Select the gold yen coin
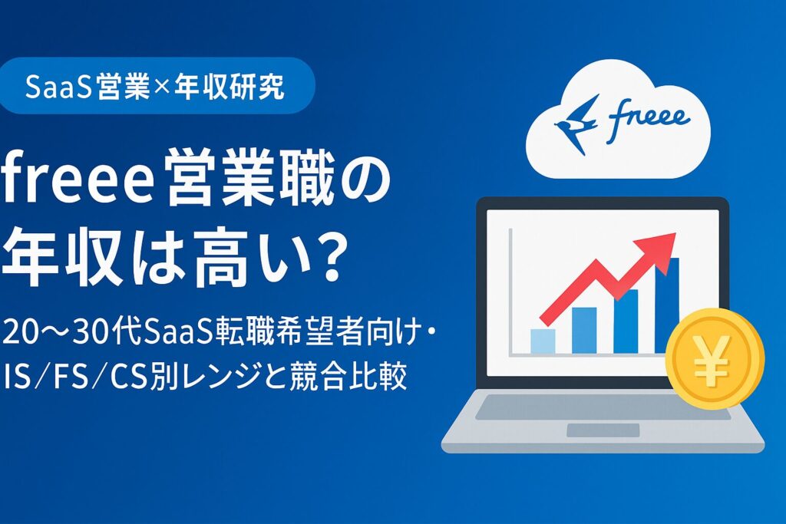point(714,358)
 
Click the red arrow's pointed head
point(662,245)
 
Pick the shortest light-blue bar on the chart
point(543,340)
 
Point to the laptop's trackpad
point(603,430)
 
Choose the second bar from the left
point(583,330)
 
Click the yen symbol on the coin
point(714,358)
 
